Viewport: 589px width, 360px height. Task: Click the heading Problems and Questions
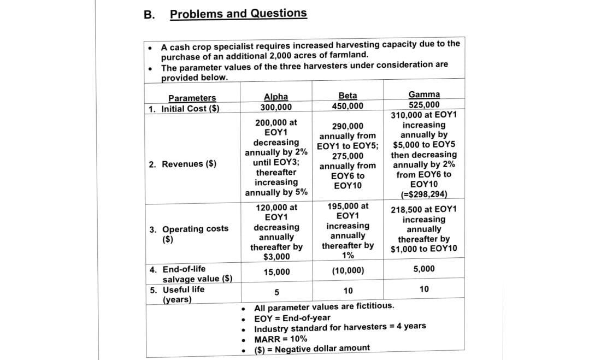coord(238,13)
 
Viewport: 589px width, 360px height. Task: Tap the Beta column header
coord(347,95)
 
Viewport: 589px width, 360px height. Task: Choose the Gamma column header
coord(424,95)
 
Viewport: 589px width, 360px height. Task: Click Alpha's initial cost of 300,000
coord(276,107)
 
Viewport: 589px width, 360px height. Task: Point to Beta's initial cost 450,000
coord(347,105)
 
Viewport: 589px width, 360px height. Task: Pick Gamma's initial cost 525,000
coord(424,104)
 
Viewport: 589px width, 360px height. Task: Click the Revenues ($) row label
coord(182,164)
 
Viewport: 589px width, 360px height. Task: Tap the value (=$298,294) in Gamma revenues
coord(424,194)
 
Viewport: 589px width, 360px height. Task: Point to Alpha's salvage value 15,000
coord(276,272)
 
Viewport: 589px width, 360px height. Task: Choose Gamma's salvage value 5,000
coord(424,268)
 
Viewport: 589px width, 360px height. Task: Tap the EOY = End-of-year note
coord(292,318)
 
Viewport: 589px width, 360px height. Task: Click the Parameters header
coord(192,98)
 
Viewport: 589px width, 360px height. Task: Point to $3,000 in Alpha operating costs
coord(276,257)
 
